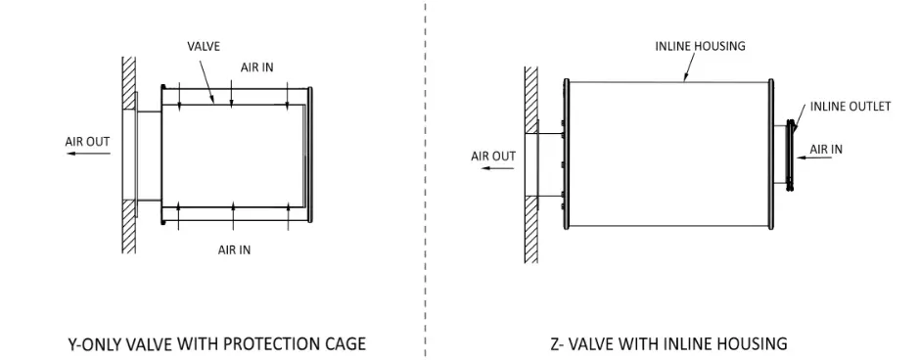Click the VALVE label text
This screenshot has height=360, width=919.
coord(204,46)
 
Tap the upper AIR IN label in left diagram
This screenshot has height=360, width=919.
coord(256,67)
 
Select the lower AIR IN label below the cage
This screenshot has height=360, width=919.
coord(235,250)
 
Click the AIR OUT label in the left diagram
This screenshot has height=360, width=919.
coord(87,141)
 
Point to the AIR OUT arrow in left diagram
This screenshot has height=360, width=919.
coord(88,154)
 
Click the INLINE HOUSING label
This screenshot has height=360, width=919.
coord(700,46)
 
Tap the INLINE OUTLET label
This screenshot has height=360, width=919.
coord(850,107)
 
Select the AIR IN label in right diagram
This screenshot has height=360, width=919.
coord(826,150)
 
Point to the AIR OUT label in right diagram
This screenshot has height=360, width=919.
coord(493,157)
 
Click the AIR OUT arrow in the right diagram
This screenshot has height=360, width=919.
coord(497,168)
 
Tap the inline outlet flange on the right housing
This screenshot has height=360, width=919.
coord(791,156)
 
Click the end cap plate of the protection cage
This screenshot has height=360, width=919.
coord(309,155)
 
